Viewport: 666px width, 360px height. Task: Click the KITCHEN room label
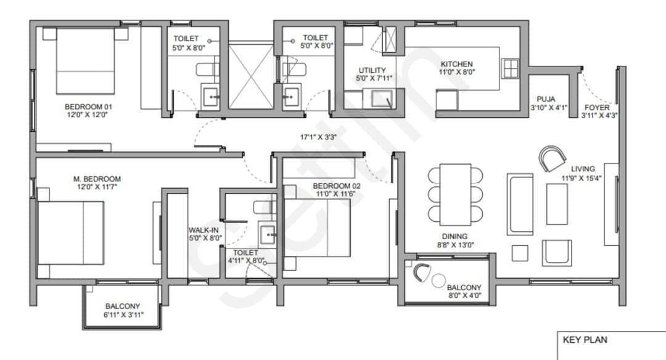point(456,64)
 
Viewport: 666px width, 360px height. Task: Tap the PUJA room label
point(546,99)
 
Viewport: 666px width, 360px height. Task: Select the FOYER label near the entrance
point(597,107)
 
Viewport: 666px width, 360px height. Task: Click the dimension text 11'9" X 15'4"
point(582,178)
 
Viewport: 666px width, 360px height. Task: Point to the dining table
point(455,194)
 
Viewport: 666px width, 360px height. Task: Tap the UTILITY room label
point(372,70)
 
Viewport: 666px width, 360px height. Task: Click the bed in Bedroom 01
point(85,61)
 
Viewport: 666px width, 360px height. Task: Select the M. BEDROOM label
point(97,179)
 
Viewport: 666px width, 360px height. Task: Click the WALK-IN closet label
point(204,230)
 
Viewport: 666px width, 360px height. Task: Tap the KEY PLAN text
point(585,340)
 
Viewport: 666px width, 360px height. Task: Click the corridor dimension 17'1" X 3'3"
point(318,137)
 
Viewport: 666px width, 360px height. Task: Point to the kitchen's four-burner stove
point(510,68)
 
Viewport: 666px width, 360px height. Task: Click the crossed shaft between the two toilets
point(252,76)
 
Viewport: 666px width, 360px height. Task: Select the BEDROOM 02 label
point(337,186)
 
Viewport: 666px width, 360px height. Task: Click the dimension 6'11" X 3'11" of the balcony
point(123,314)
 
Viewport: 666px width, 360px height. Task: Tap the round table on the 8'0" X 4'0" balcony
point(438,280)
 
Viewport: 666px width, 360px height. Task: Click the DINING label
point(454,237)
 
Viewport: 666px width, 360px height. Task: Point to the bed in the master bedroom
point(71,232)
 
